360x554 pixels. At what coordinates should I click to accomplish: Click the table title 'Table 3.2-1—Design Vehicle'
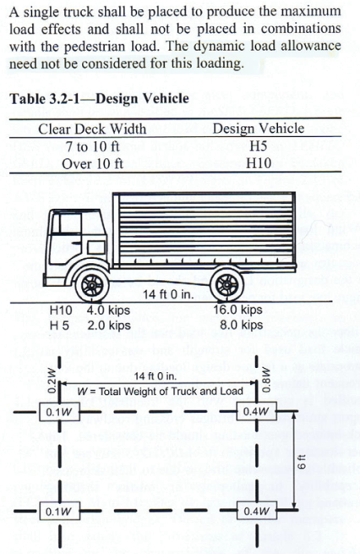point(99,99)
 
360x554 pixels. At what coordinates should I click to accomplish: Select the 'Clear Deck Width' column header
point(92,129)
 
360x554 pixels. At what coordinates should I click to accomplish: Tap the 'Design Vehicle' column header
point(259,129)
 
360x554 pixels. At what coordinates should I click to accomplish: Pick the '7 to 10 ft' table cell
point(92,146)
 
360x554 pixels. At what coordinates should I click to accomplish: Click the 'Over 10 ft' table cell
point(92,163)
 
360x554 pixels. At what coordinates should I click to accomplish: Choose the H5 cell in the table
point(258,146)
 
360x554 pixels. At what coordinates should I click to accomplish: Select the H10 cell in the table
point(259,163)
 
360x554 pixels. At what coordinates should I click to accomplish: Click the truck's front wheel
point(92,284)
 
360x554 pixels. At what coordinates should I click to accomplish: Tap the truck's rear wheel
point(227,284)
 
